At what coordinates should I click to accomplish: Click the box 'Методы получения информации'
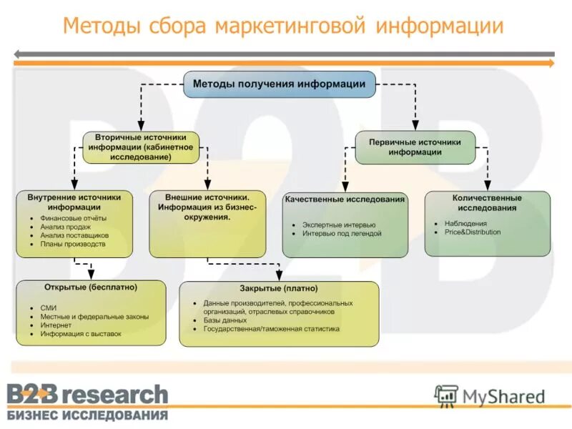pyautogui.click(x=279, y=84)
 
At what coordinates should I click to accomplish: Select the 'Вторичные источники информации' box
pyautogui.click(x=141, y=147)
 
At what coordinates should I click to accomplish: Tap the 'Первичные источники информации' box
pyautogui.click(x=415, y=147)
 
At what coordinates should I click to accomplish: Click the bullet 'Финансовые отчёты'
pyautogui.click(x=73, y=217)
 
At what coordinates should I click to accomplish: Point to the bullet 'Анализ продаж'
pyautogui.click(x=65, y=226)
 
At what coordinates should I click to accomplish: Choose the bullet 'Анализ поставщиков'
pyautogui.click(x=74, y=235)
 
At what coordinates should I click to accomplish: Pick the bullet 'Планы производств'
pyautogui.click(x=72, y=244)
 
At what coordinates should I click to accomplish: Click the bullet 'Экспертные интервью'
pyautogui.click(x=338, y=225)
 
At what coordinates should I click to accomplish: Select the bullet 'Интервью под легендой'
pyautogui.click(x=342, y=234)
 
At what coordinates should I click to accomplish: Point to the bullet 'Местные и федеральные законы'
pyautogui.click(x=94, y=316)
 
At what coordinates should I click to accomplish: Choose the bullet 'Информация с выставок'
pyautogui.click(x=81, y=334)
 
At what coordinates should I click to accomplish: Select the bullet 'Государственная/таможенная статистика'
pyautogui.click(x=271, y=330)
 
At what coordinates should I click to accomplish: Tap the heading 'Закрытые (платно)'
pyautogui.click(x=279, y=289)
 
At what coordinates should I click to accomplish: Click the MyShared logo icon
pyautogui.click(x=446, y=395)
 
